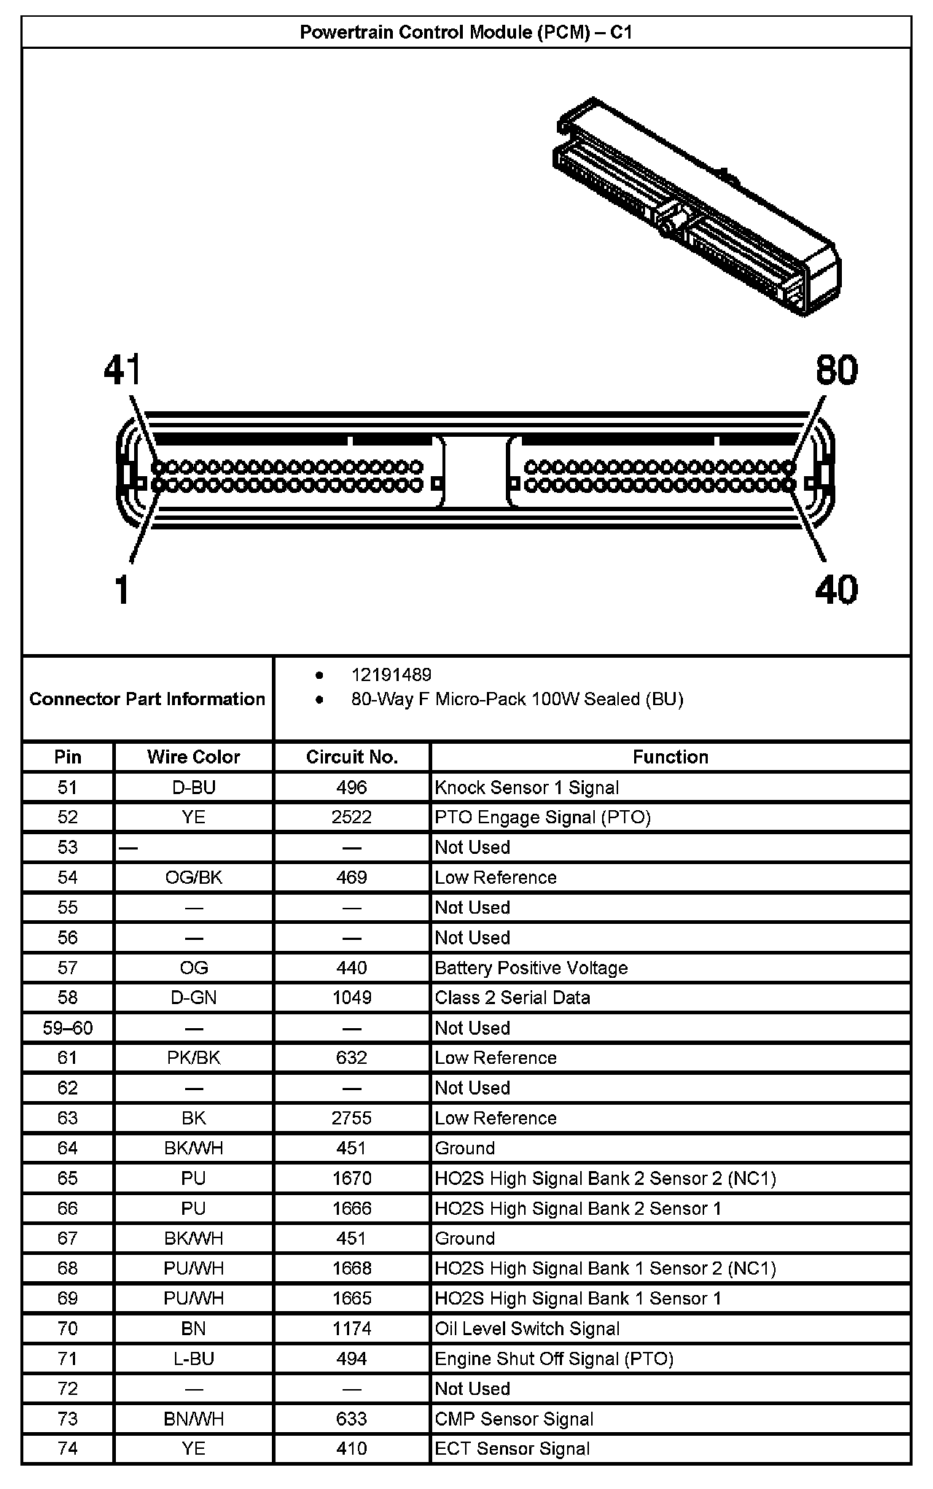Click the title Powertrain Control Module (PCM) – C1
(466, 33)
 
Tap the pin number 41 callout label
(122, 370)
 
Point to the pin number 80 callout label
(837, 370)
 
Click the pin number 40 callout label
(837, 589)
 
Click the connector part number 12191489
(391, 675)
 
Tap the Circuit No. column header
(352, 757)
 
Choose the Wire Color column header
(194, 757)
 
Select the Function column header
(670, 757)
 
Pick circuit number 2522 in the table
(352, 817)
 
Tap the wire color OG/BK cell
(194, 877)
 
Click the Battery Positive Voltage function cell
(531, 968)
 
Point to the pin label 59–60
(68, 1028)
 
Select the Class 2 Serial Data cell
(512, 998)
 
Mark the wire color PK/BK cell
(194, 1058)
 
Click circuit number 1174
(352, 1329)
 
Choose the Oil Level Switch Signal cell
(527, 1329)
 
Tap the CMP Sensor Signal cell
(514, 1419)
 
